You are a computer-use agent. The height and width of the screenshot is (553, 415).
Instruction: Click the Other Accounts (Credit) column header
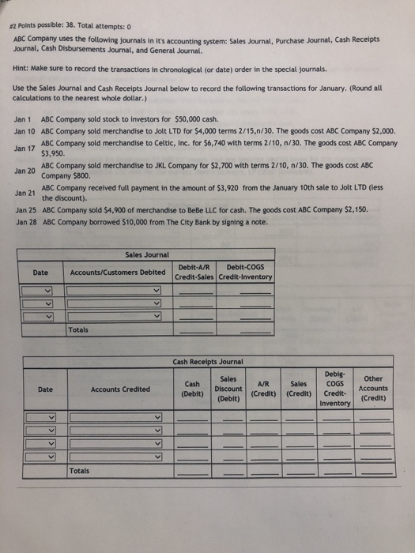373,388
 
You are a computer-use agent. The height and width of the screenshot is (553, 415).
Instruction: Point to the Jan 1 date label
24,118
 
